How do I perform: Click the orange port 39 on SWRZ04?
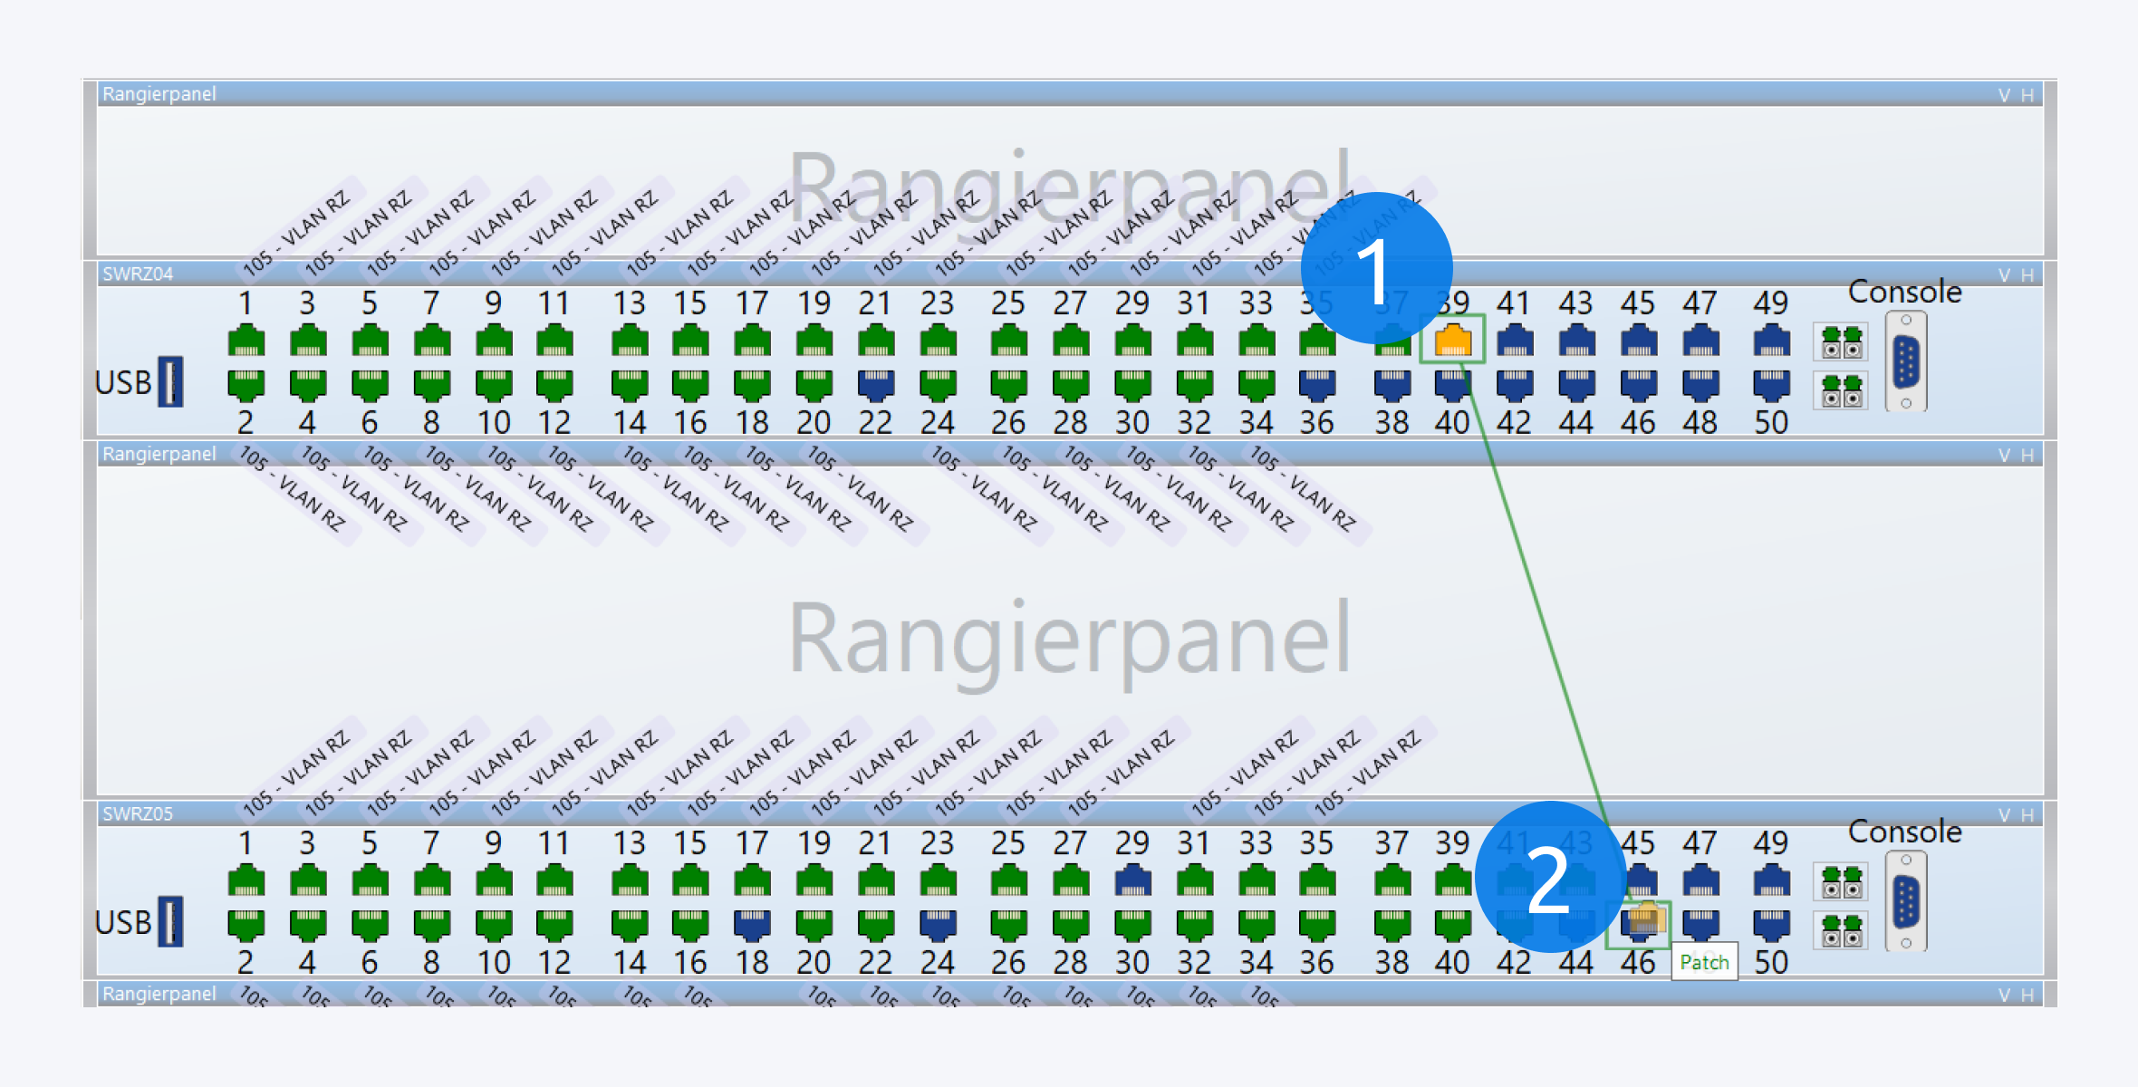click(x=1452, y=341)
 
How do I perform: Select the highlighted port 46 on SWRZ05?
click(x=1641, y=922)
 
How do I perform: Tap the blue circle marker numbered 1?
click(x=1376, y=268)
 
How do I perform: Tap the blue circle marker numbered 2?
click(x=1550, y=877)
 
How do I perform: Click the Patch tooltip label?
click(x=1704, y=962)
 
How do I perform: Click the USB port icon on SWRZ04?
click(x=169, y=381)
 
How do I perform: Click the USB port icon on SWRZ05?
click(x=169, y=921)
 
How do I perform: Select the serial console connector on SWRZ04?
click(x=1906, y=361)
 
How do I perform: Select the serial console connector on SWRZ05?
click(x=1906, y=902)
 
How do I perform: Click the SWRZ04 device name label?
click(x=138, y=274)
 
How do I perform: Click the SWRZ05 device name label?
click(x=138, y=813)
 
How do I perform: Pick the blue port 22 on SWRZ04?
click(x=875, y=385)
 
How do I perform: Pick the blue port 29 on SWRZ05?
click(x=1132, y=880)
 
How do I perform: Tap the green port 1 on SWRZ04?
click(x=246, y=341)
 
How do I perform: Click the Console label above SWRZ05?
click(x=1904, y=832)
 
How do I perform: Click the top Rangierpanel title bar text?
click(x=159, y=94)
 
